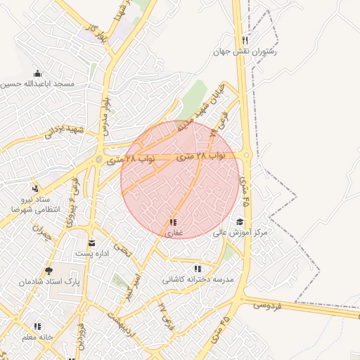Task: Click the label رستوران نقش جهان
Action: (246, 51)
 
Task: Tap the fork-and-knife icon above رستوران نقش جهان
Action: (244, 40)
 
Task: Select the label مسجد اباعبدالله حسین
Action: (37, 84)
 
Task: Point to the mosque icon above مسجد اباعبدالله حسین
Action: (37, 73)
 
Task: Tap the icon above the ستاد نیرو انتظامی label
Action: (35, 188)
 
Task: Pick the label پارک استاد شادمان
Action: (50, 281)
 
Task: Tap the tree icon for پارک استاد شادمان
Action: (49, 271)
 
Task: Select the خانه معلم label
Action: (37, 337)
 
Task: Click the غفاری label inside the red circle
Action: (174, 233)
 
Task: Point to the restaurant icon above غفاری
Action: (173, 222)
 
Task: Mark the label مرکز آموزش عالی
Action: (241, 232)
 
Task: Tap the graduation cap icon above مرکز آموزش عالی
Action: (240, 221)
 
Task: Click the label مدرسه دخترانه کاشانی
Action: (198, 279)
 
